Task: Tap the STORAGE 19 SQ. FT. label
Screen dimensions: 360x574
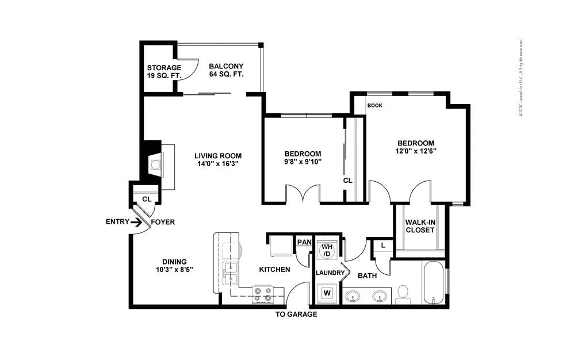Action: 164,72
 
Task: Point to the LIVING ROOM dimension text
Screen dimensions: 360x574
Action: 217,159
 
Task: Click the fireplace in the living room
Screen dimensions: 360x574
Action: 156,166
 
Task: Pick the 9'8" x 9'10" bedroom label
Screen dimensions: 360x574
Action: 303,158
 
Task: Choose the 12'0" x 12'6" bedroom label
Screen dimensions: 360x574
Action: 415,147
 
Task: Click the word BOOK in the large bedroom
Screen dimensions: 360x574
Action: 375,106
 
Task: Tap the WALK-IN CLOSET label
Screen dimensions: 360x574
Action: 419,226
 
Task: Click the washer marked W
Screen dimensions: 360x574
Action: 327,292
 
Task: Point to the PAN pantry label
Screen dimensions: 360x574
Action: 304,243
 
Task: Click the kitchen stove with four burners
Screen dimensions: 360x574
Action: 263,295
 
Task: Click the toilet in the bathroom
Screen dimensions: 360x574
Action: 403,293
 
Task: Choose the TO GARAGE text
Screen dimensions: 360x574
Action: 296,315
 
